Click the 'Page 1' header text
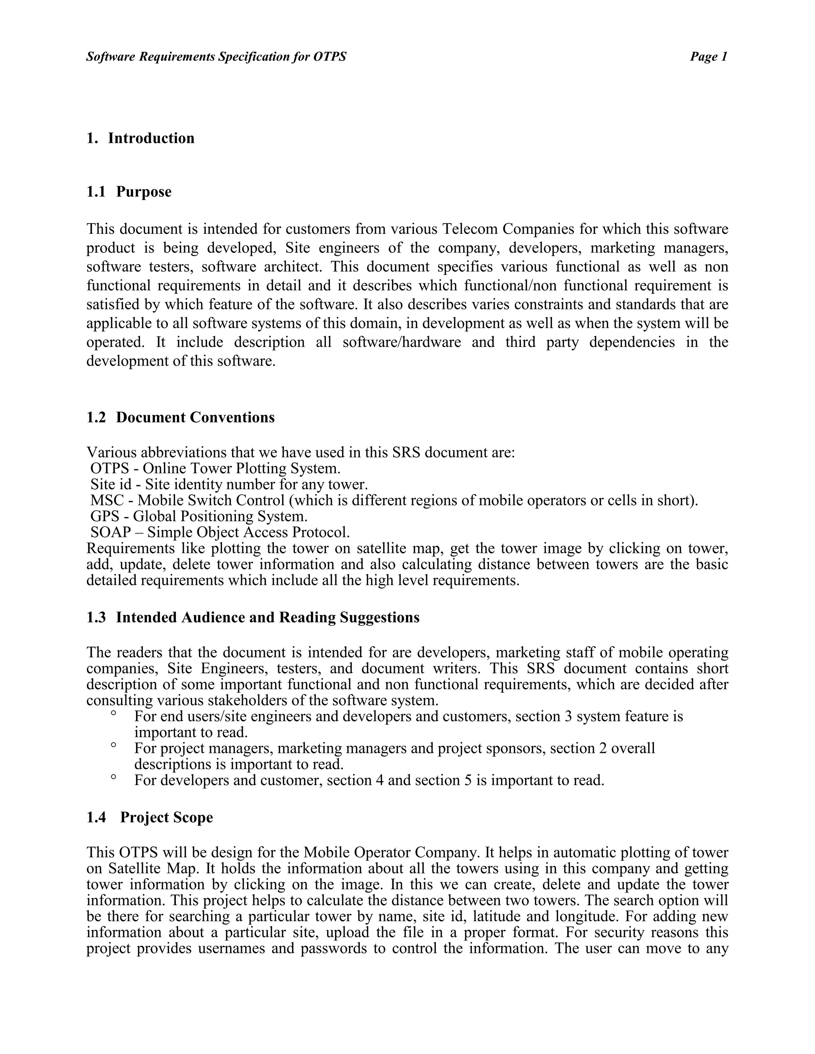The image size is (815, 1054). coord(708,57)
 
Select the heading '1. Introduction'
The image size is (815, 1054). coord(140,138)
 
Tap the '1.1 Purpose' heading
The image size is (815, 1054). coord(129,192)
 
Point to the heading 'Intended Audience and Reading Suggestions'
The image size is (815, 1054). coord(267,617)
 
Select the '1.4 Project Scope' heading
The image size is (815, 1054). coord(150,817)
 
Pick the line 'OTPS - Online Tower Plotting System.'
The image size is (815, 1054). coord(215,469)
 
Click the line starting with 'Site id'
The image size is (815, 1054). coord(229,484)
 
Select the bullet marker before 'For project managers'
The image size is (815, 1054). coord(113,746)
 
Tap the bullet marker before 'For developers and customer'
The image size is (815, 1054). coord(113,778)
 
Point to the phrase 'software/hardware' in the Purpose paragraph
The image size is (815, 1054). coord(402,342)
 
